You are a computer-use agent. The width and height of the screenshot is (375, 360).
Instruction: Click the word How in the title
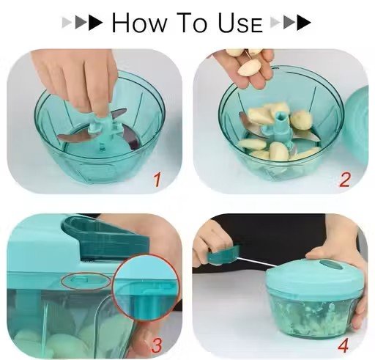140,22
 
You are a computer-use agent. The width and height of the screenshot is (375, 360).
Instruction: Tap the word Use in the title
240,23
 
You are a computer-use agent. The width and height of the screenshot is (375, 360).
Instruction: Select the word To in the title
192,22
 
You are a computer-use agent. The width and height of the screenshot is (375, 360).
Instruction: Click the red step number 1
157,180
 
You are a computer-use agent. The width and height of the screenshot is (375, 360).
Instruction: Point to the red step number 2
344,180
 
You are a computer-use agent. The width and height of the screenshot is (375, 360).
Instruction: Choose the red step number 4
344,345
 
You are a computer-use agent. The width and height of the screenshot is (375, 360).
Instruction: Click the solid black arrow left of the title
96,23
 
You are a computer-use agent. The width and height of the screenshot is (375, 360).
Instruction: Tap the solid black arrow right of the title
304,23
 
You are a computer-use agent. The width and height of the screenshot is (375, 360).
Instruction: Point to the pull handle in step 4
223,254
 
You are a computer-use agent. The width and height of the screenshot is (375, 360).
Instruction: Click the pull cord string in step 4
258,262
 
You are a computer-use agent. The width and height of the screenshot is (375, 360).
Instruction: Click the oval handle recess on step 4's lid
328,265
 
